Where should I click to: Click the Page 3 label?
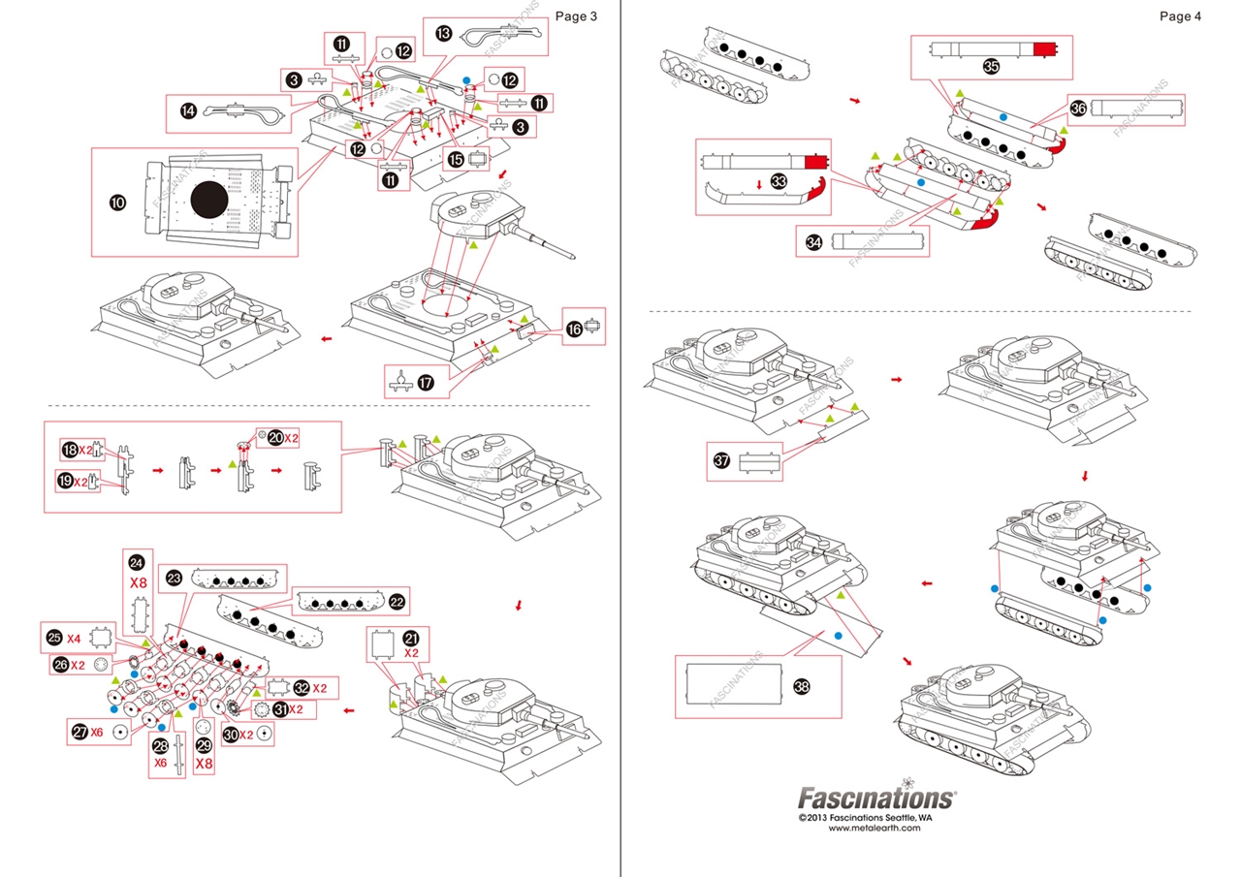click(x=576, y=16)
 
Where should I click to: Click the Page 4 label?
click(x=1180, y=16)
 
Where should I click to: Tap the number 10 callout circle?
click(x=118, y=202)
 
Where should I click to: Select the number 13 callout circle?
click(x=444, y=33)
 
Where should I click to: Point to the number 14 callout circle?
click(x=188, y=111)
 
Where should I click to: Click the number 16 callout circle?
click(x=575, y=329)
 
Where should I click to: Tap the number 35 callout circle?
click(x=991, y=66)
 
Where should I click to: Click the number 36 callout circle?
click(x=1078, y=108)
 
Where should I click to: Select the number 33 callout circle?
click(x=779, y=180)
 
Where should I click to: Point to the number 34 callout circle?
click(x=813, y=242)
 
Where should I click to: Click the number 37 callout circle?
click(x=721, y=461)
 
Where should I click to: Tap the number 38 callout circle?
click(x=801, y=685)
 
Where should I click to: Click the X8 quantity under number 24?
click(x=138, y=583)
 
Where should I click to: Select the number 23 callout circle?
click(x=175, y=578)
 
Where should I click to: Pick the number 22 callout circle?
click(x=398, y=601)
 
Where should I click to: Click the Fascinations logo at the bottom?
click(x=875, y=798)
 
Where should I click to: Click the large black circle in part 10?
click(x=208, y=201)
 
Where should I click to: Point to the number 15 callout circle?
click(x=456, y=161)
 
